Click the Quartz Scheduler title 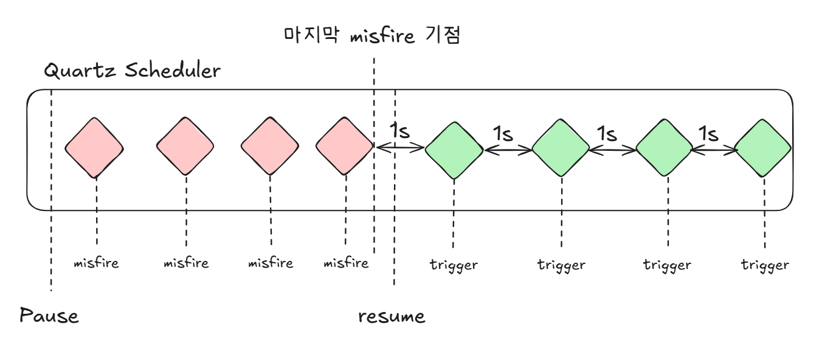click(132, 71)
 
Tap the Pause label click(49, 316)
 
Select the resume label click(392, 316)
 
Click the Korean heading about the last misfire click(373, 36)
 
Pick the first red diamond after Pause click(94, 147)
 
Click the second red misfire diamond click(185, 147)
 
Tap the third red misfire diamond click(270, 147)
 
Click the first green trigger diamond click(454, 150)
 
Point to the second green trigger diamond click(561, 149)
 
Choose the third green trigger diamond click(664, 149)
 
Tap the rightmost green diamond click(763, 149)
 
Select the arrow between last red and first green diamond click(399, 147)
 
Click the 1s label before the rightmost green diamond click(708, 133)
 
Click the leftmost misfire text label click(95, 263)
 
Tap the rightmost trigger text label click(765, 265)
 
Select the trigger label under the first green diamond click(454, 265)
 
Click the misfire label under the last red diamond click(346, 263)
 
